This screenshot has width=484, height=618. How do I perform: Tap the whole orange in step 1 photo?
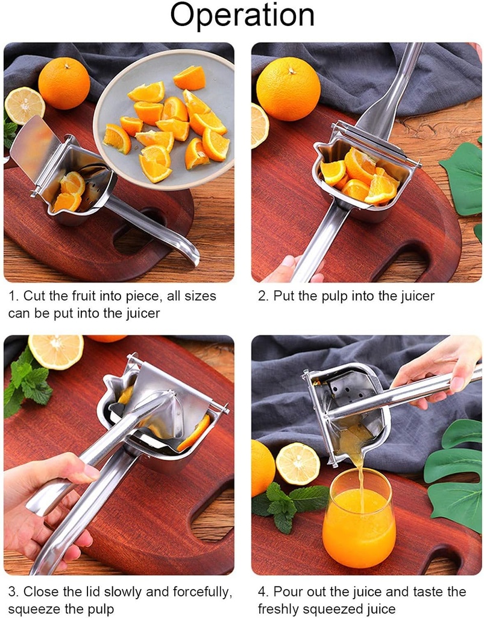pyautogui.click(x=64, y=83)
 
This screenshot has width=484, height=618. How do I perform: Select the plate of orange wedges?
pyautogui.click(x=164, y=118)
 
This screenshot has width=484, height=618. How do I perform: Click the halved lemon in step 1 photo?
pyautogui.click(x=24, y=106)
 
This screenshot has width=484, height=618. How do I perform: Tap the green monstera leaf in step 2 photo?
pyautogui.click(x=465, y=179)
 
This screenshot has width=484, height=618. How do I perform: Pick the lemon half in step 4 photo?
pyautogui.click(x=298, y=463)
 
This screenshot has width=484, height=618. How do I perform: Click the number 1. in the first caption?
pyautogui.click(x=14, y=296)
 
